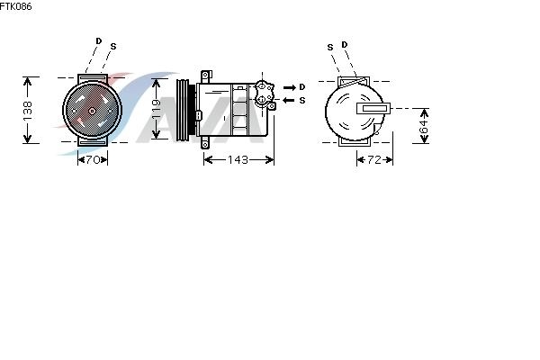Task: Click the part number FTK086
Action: click(15, 6)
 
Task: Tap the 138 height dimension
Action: click(28, 110)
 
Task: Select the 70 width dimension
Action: click(93, 160)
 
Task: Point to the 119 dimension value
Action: click(157, 109)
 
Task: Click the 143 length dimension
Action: click(238, 160)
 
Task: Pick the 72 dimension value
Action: click(374, 160)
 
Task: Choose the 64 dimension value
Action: click(424, 126)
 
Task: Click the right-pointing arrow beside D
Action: click(290, 87)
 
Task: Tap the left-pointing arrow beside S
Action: click(289, 100)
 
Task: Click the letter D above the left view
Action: click(99, 41)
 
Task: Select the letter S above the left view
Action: click(113, 47)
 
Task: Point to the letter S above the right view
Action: click(330, 47)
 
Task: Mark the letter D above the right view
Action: click(345, 44)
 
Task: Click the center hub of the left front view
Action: click(92, 111)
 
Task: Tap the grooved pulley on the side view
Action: click(183, 110)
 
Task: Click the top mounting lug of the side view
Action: click(206, 76)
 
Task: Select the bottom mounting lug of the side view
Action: click(205, 142)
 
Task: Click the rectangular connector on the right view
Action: click(373, 108)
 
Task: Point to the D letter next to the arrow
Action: click(302, 87)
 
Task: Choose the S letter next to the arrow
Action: click(302, 100)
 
